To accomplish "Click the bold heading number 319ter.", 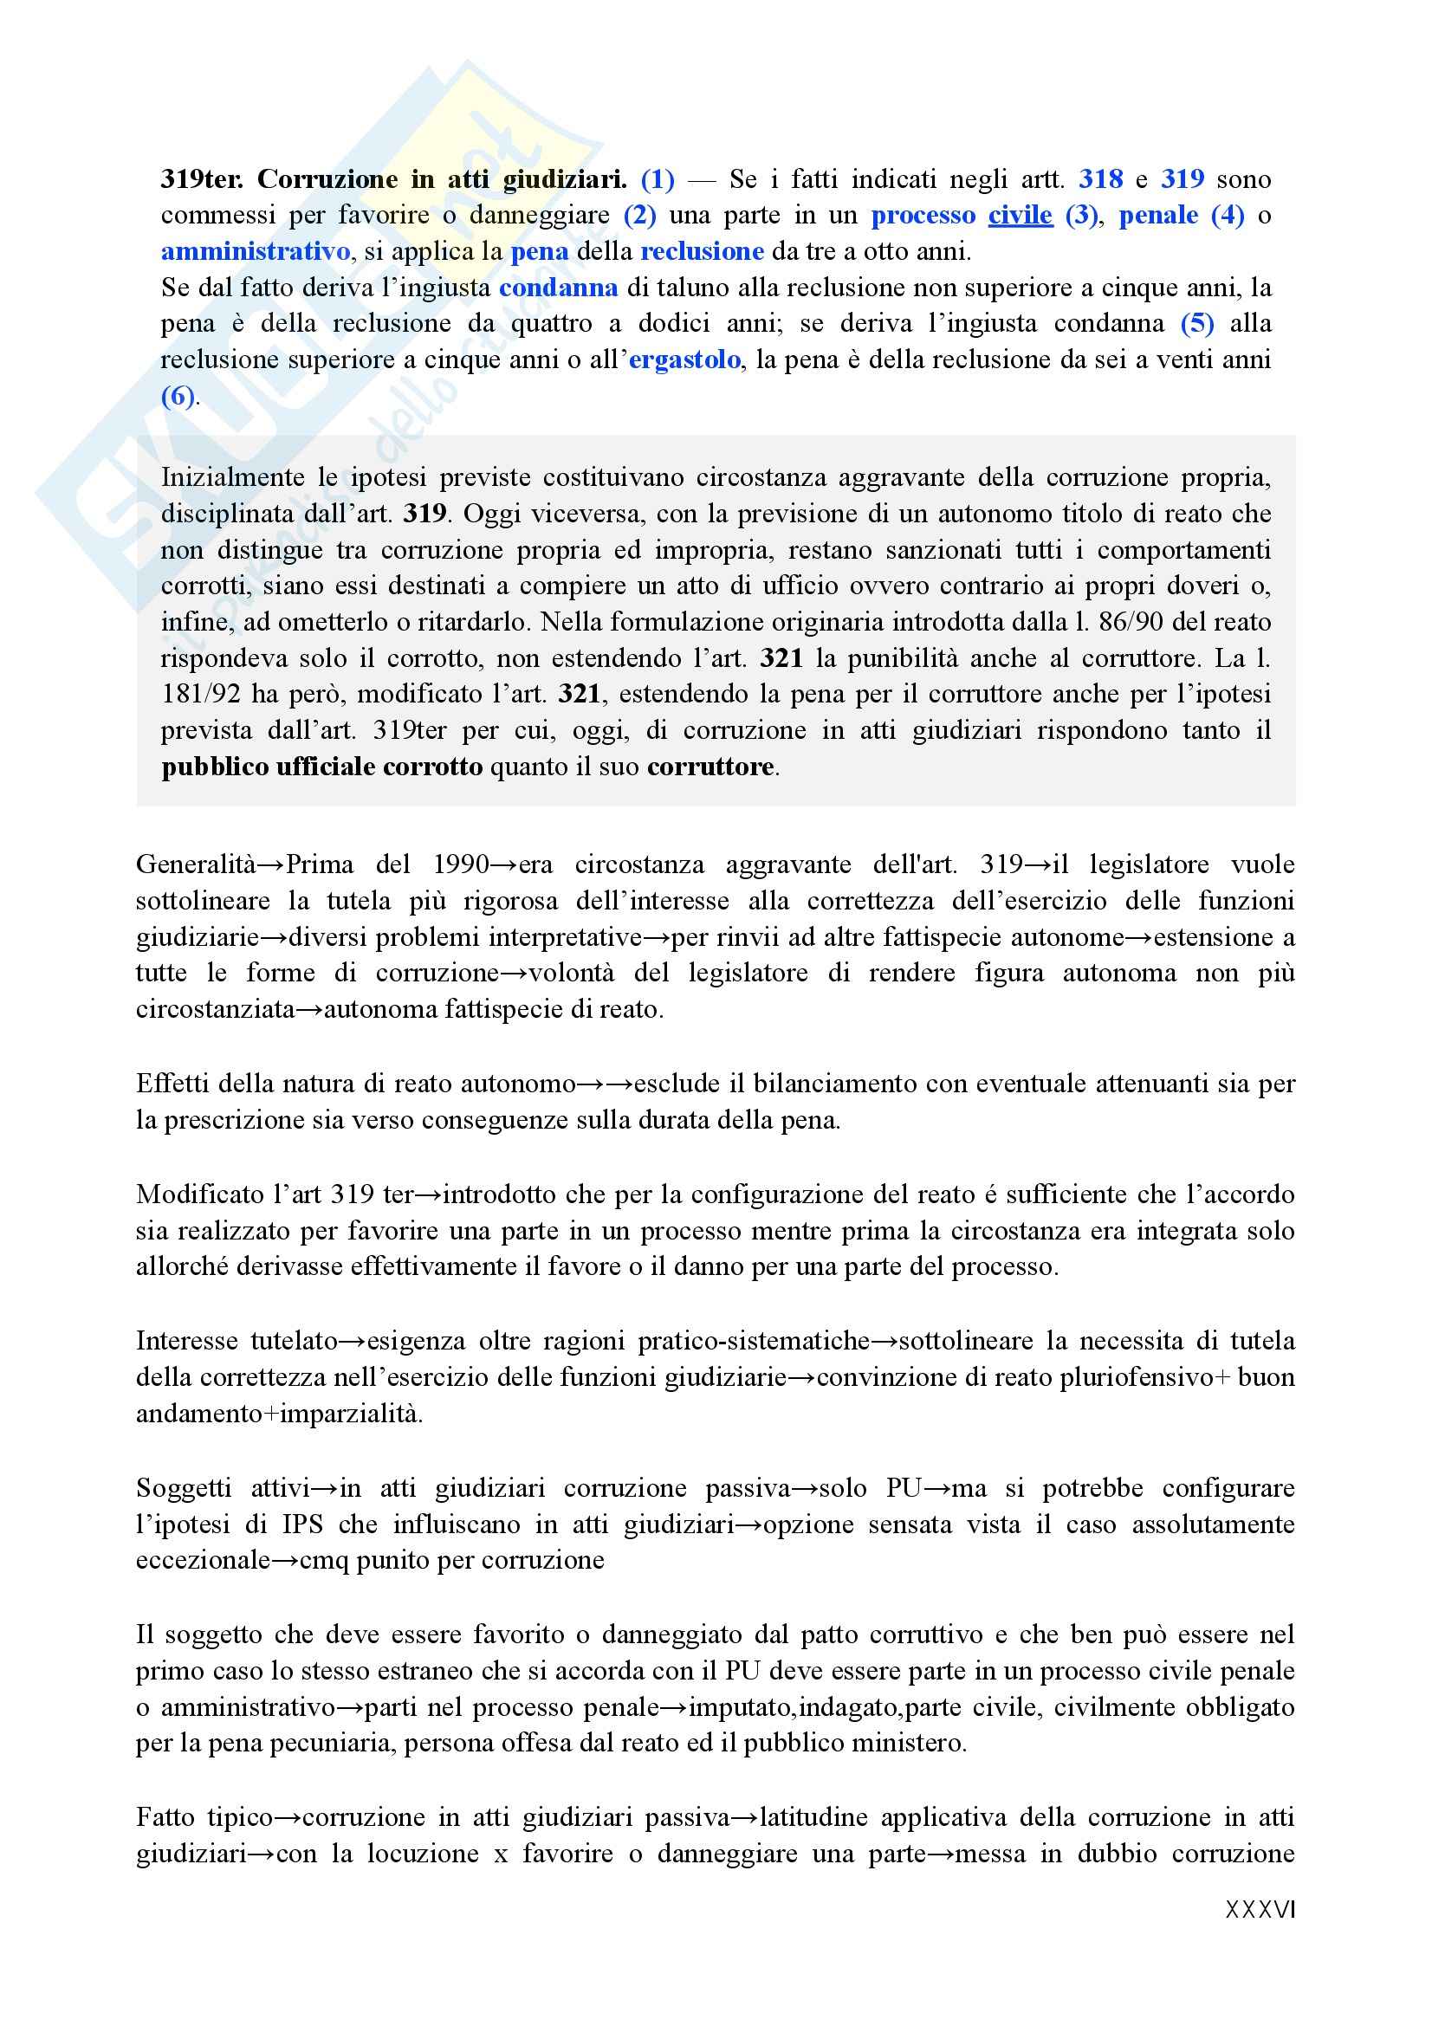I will (x=202, y=180).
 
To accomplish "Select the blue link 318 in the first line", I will (x=1100, y=180).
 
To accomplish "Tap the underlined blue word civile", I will (x=1020, y=217).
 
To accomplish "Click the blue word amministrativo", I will (x=255, y=252).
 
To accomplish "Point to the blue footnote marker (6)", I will (x=178, y=396).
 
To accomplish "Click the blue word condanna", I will (x=558, y=288).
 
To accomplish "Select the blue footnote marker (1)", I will (x=658, y=180).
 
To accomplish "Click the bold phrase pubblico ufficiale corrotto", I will (x=322, y=767).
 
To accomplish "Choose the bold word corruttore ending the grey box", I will (x=710, y=767).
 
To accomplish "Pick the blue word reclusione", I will (x=702, y=252).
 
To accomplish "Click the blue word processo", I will (x=923, y=217).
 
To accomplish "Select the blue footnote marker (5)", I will (x=1197, y=324).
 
